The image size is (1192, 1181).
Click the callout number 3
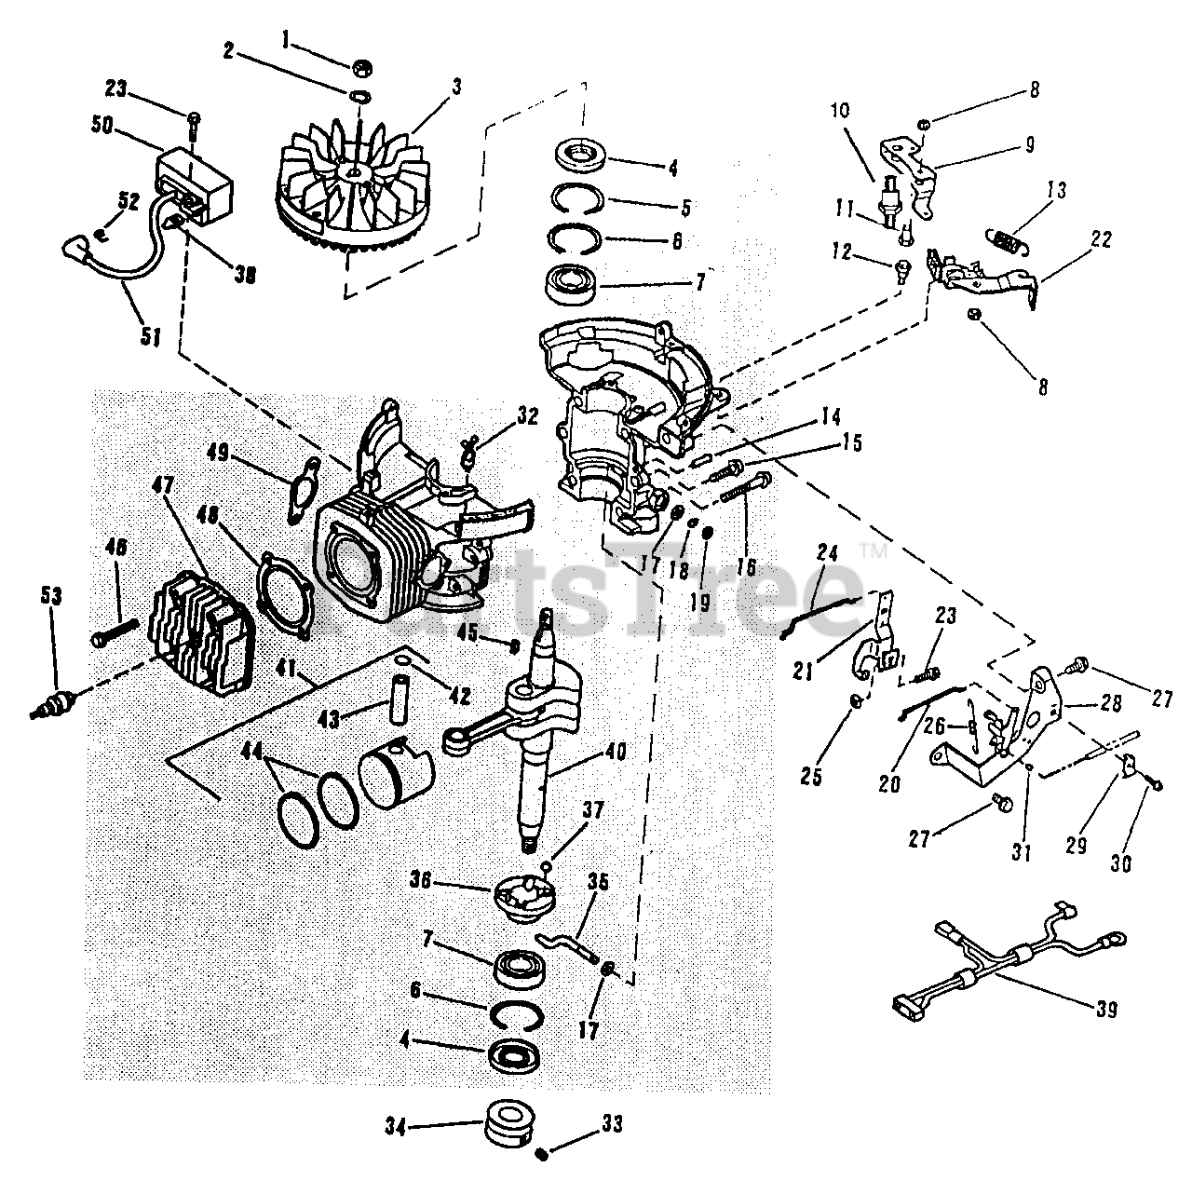point(456,88)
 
